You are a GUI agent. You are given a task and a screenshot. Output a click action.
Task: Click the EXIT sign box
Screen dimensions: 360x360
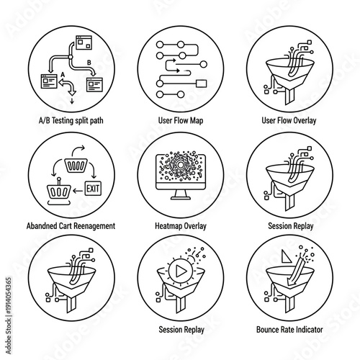(x=94, y=189)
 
